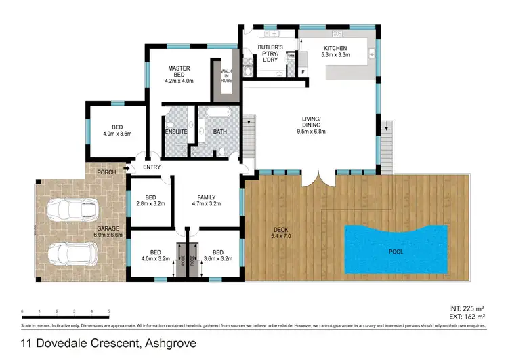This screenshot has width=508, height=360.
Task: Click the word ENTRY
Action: (x=152, y=168)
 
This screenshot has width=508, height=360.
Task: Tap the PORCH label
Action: (x=106, y=172)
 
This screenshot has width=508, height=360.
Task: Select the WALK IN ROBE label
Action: (x=224, y=77)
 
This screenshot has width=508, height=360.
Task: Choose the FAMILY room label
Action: (x=207, y=198)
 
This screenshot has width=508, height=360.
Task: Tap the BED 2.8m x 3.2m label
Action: (x=151, y=199)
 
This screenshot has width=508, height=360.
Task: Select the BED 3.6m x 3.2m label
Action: (x=217, y=255)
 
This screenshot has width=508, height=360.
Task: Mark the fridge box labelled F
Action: (x=302, y=71)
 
